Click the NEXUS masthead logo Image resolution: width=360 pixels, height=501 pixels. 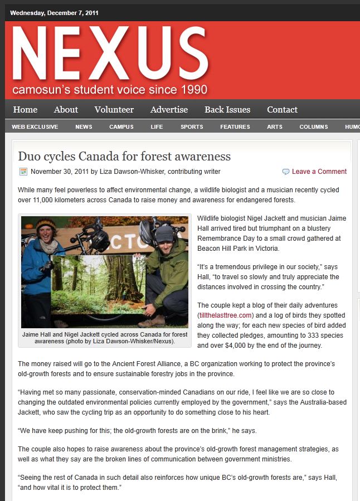point(110,55)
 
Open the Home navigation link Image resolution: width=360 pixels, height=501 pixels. point(25,110)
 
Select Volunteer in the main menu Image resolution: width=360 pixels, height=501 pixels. point(114,110)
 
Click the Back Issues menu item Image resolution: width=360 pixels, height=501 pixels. point(227,110)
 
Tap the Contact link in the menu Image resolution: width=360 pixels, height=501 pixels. point(282,110)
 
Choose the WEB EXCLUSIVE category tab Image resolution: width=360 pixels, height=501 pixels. point(35,127)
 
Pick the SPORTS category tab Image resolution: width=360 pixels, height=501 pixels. point(192,127)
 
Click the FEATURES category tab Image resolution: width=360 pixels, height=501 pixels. point(235,127)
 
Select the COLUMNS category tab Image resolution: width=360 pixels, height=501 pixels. point(313,127)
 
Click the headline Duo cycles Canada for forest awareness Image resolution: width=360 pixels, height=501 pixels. point(124,156)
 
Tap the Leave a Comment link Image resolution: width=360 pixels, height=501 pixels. point(319,172)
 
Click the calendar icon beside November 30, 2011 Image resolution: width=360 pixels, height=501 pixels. point(23,172)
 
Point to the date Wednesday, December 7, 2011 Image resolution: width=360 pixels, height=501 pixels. point(54,13)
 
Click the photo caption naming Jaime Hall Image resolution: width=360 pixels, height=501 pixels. point(105,337)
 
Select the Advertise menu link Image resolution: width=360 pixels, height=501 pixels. point(169,110)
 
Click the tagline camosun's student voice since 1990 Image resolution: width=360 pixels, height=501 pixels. point(110,90)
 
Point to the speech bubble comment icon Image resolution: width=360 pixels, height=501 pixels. point(286,172)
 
